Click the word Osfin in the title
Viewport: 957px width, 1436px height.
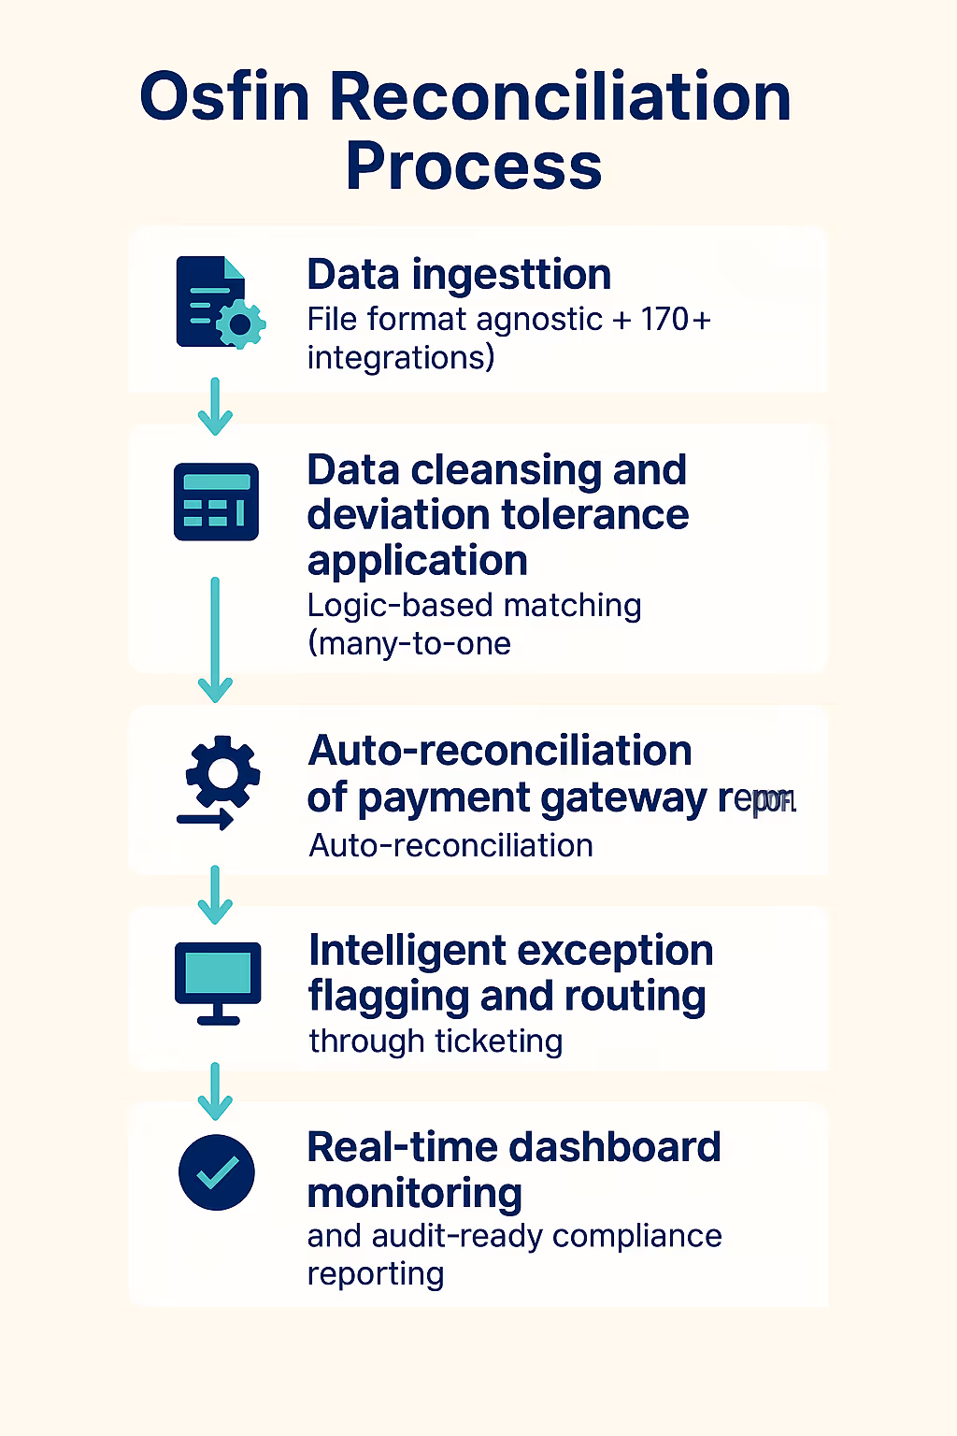[x=224, y=96]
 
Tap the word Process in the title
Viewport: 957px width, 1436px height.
[x=474, y=166]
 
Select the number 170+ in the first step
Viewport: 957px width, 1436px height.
[x=676, y=320]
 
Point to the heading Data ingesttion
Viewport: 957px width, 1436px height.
[x=459, y=275]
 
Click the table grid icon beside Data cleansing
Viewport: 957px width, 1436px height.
[x=216, y=502]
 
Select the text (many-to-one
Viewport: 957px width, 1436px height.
[x=409, y=644]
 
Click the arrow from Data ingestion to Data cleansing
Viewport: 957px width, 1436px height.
[x=215, y=407]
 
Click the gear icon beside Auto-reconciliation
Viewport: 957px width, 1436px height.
[x=222, y=772]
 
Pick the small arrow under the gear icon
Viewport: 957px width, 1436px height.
[x=206, y=821]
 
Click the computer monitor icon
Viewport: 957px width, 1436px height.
[x=218, y=982]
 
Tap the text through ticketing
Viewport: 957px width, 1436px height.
[x=436, y=1041]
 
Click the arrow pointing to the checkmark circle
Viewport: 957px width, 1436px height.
[x=215, y=1091]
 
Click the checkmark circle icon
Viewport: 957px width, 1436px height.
[x=217, y=1172]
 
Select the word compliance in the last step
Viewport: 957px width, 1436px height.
[x=636, y=1236]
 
